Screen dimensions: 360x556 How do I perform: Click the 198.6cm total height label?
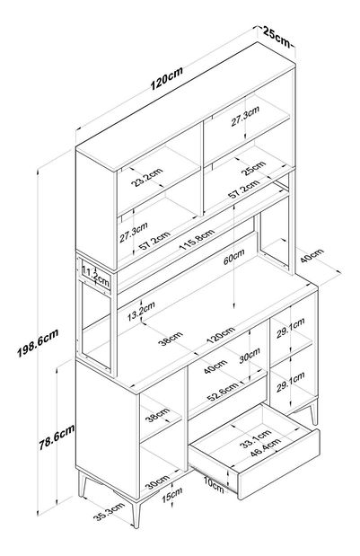(38, 343)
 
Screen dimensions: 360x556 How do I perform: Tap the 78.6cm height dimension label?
(57, 437)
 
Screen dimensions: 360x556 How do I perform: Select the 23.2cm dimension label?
(146, 177)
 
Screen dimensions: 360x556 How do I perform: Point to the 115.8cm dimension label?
(198, 240)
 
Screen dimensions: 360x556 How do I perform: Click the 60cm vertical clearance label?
(234, 257)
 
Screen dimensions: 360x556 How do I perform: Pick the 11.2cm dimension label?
(95, 277)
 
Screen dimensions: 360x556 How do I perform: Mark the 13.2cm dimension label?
(141, 311)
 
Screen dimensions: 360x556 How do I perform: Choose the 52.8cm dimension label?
(223, 392)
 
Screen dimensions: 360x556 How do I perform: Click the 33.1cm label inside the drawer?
(255, 438)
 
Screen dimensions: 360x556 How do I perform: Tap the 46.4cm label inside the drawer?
(266, 447)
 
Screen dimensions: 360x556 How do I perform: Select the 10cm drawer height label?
(214, 485)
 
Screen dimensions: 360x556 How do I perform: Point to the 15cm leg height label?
(172, 494)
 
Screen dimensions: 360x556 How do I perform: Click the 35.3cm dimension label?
(110, 512)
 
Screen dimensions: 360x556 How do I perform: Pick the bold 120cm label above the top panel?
(167, 78)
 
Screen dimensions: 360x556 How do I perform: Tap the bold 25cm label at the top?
(277, 37)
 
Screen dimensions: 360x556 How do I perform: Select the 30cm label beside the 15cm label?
(158, 481)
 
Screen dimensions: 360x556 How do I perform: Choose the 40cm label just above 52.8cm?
(215, 366)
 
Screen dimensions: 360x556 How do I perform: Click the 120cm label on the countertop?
(221, 334)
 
